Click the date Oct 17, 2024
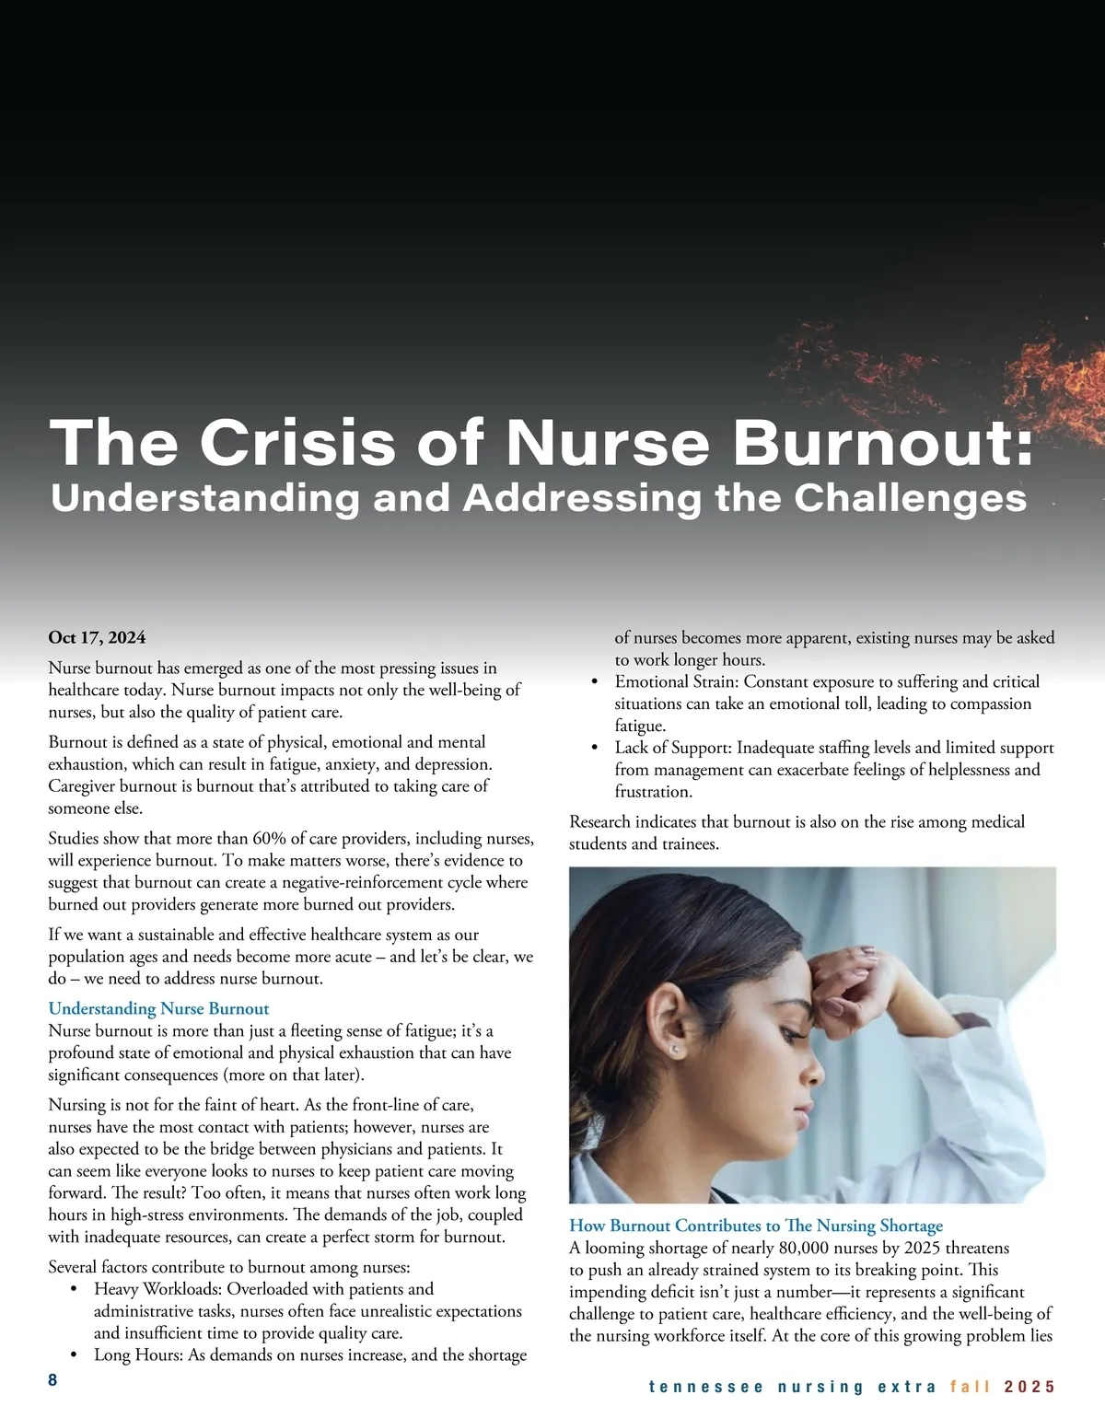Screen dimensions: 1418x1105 97,637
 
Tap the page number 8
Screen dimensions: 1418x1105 52,1379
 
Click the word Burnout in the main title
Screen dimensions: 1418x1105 882,443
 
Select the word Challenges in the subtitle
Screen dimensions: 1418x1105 910,498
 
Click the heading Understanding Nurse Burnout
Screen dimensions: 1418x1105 158,1008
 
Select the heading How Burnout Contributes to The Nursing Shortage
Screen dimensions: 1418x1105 756,1226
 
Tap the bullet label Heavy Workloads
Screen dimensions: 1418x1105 157,1289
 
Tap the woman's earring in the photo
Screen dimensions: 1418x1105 675,1049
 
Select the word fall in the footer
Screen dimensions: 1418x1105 971,1387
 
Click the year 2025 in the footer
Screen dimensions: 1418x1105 1029,1387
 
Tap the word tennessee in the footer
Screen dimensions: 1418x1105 705,1387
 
